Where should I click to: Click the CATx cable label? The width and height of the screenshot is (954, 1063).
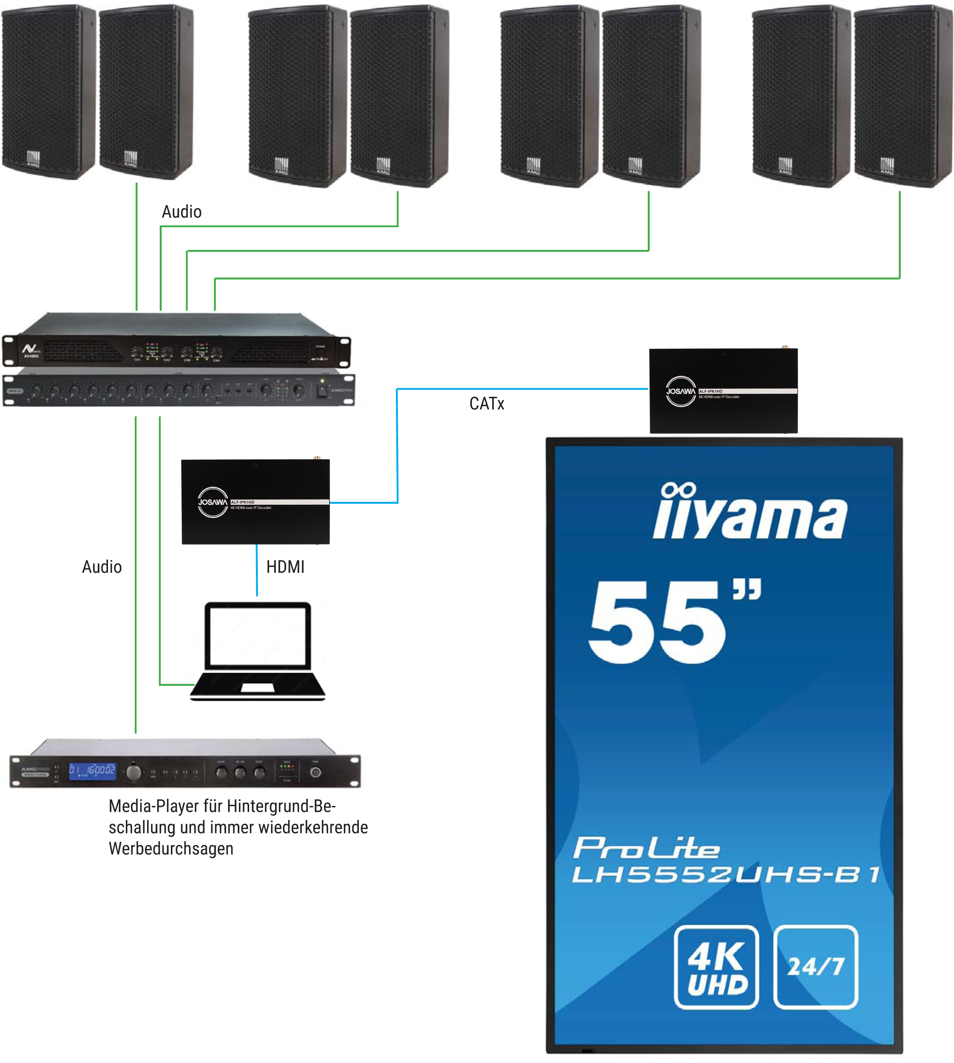(x=486, y=404)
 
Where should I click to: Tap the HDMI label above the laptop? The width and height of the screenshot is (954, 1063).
(x=285, y=567)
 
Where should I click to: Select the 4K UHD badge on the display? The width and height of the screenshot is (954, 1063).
(x=716, y=967)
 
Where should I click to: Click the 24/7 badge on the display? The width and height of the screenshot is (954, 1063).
(x=815, y=967)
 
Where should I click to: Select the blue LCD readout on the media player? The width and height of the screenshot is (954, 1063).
(x=92, y=771)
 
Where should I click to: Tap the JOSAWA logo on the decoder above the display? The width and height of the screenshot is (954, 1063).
(x=680, y=391)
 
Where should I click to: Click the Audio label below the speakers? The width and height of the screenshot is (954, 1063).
(x=182, y=212)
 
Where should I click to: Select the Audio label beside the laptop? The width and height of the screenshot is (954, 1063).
(x=102, y=567)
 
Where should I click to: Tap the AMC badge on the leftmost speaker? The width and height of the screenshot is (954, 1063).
(x=34, y=159)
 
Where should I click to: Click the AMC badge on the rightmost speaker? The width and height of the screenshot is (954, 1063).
(x=886, y=166)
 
